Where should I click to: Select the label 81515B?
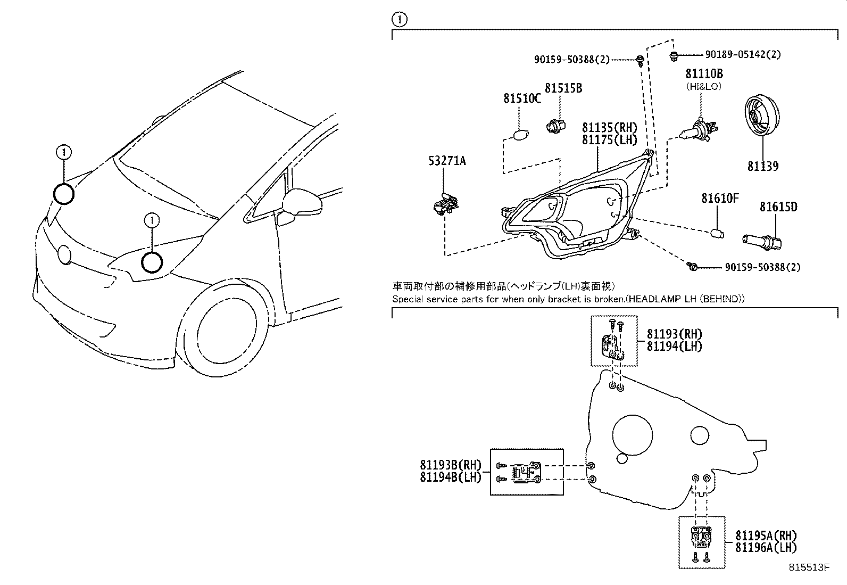(562, 88)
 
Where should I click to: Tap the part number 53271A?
(447, 160)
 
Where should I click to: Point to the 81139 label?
(762, 167)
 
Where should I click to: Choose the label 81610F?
(720, 199)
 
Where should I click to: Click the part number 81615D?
(778, 207)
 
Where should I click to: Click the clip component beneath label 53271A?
(445, 204)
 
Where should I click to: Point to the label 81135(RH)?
(609, 128)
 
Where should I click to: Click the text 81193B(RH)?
(450, 465)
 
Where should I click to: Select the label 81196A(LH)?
(766, 547)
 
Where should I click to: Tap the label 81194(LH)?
(674, 346)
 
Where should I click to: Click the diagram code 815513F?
(809, 567)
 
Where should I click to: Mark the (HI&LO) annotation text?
(703, 86)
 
